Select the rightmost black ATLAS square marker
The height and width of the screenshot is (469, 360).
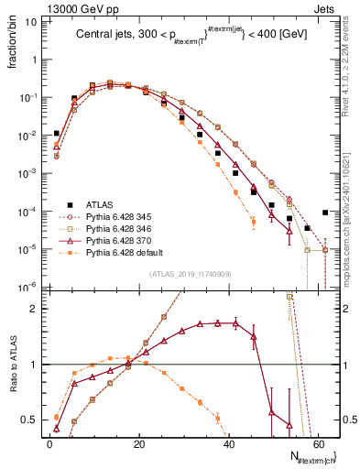325,213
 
